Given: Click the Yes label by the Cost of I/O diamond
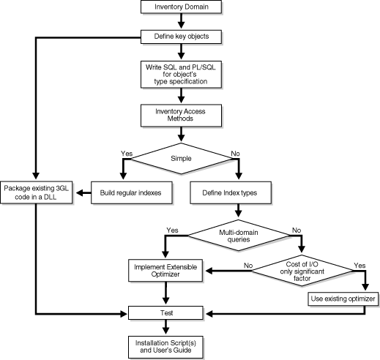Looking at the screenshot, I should coord(359,264).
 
